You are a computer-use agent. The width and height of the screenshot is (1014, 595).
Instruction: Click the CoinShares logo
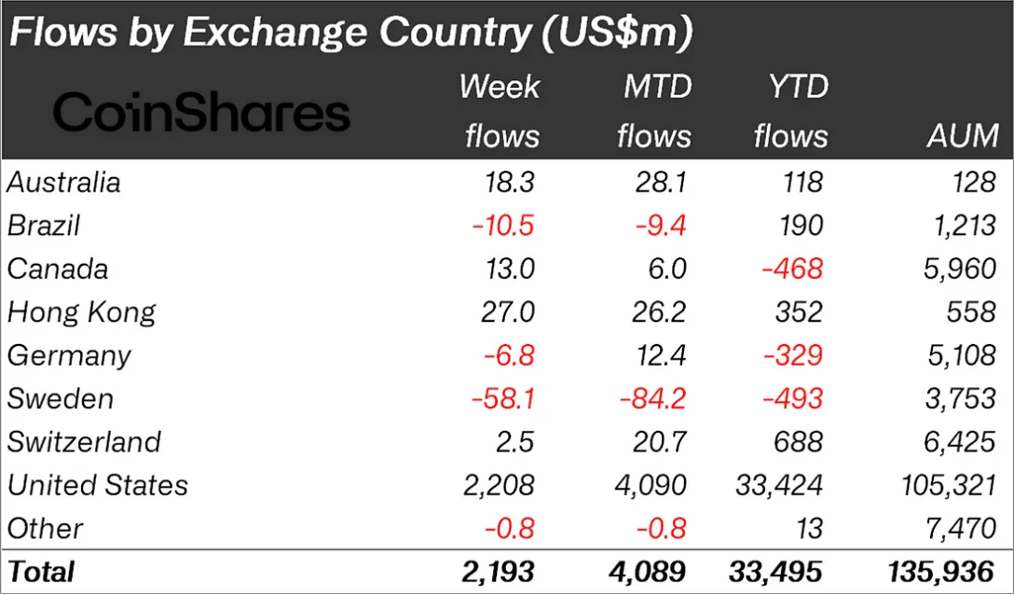coord(201,113)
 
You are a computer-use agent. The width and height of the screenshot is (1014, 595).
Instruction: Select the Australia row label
coord(64,182)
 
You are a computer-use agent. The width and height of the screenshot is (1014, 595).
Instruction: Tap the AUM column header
coord(963,136)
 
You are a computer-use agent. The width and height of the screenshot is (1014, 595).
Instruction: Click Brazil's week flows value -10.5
coord(503,226)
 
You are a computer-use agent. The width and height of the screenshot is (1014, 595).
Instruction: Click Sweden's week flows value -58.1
coord(503,398)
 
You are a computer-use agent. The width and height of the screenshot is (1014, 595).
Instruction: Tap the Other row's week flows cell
coord(509,529)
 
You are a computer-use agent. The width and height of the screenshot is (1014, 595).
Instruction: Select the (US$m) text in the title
coord(611,34)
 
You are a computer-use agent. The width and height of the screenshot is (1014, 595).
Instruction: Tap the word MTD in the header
coord(657,88)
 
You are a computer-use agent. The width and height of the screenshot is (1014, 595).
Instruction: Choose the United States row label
coord(98,485)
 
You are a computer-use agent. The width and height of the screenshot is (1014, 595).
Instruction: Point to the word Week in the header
coord(500,88)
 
